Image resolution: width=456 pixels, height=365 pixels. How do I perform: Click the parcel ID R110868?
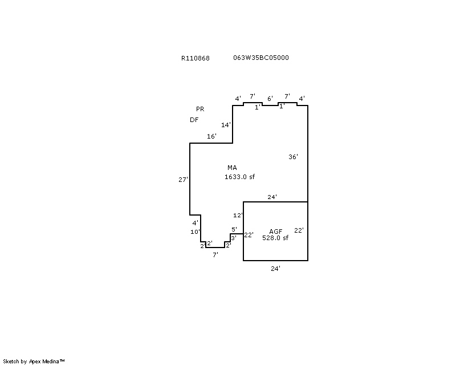pos(195,58)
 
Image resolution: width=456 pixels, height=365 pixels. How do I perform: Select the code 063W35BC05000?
pos(260,58)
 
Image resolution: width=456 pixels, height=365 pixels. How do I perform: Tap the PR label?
pos(199,109)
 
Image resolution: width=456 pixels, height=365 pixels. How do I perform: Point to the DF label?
pos(194,120)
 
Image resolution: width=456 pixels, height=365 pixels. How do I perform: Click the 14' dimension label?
pos(226,125)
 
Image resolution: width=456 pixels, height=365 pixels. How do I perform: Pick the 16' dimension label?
pos(211,136)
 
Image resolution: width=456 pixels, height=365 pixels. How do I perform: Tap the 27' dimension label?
pos(183,179)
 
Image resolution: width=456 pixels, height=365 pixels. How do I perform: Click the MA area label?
pos(232,168)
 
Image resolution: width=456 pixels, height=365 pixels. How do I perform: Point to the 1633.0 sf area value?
pos(239,177)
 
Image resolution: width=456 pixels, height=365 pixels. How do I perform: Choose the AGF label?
pos(276,231)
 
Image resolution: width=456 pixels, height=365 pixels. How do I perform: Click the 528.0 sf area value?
pos(275,238)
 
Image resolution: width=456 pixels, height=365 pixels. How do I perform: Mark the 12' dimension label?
pos(238,215)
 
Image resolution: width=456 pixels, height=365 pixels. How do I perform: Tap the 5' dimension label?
pos(234,229)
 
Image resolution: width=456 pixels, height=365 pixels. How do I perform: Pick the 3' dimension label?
pos(233,238)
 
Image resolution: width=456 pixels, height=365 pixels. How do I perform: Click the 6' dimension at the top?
pos(270,98)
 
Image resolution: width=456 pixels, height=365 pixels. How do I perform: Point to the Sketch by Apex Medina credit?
pos(34,361)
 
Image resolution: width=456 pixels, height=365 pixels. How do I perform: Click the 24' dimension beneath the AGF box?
pos(275,268)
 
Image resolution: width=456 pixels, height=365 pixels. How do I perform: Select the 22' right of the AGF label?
pos(299,230)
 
